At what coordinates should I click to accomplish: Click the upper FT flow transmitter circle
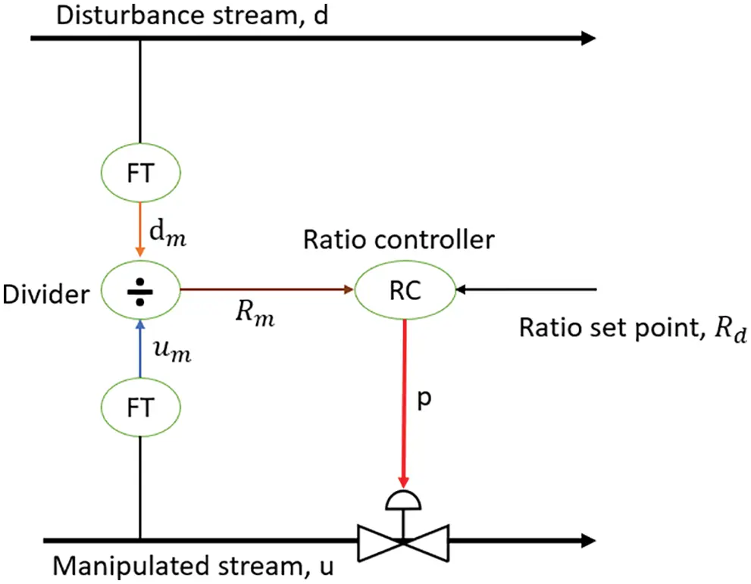(x=140, y=173)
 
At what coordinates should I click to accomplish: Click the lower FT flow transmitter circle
(x=140, y=408)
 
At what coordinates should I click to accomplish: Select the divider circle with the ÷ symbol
(x=140, y=289)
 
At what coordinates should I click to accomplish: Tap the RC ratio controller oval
(x=405, y=289)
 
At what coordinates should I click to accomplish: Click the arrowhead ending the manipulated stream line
(x=587, y=541)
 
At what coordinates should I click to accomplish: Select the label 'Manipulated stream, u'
(x=192, y=567)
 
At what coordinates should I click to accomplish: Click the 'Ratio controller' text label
(x=399, y=240)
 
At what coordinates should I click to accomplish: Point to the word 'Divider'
(x=45, y=294)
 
